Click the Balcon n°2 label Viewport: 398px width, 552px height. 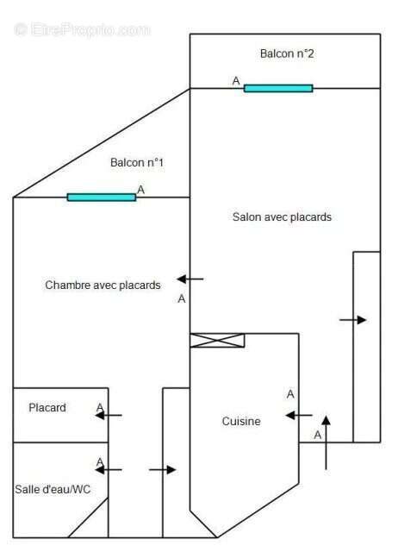pyautogui.click(x=287, y=53)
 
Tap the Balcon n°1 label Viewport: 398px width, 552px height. pyautogui.click(x=137, y=162)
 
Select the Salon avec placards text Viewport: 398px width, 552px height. pyautogui.click(x=282, y=216)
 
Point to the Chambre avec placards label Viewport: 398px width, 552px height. pyautogui.click(x=103, y=285)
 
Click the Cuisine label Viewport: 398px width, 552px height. pyautogui.click(x=241, y=421)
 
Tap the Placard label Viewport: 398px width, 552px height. pyautogui.click(x=47, y=408)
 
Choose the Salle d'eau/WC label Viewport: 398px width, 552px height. pyautogui.click(x=53, y=489)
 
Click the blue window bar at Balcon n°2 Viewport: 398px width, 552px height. pyautogui.click(x=278, y=88)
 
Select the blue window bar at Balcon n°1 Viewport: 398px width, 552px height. pyautogui.click(x=102, y=198)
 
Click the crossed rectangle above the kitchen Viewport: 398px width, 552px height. pyautogui.click(x=217, y=341)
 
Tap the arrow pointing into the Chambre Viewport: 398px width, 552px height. pyautogui.click(x=190, y=279)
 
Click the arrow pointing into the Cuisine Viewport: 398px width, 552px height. pyautogui.click(x=299, y=416)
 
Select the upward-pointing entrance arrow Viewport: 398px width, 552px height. pyautogui.click(x=326, y=442)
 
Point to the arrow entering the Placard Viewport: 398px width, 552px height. pyautogui.click(x=109, y=416)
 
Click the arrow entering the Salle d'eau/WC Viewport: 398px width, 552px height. pyautogui.click(x=109, y=469)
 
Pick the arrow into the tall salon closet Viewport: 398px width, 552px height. pyautogui.click(x=353, y=320)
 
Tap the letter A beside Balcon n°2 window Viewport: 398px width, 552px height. pyautogui.click(x=236, y=81)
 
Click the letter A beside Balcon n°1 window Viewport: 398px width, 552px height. pyautogui.click(x=140, y=190)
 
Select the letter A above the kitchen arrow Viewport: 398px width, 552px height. pyautogui.click(x=290, y=394)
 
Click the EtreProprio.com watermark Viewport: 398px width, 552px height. pyautogui.click(x=83, y=29)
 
